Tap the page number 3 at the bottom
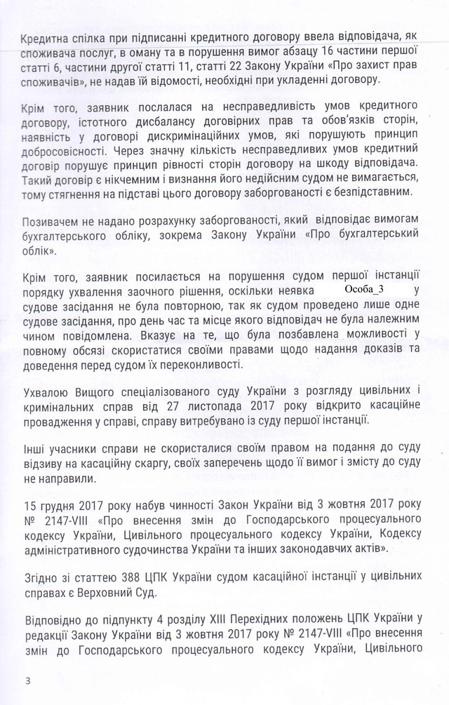coord(27,680)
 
